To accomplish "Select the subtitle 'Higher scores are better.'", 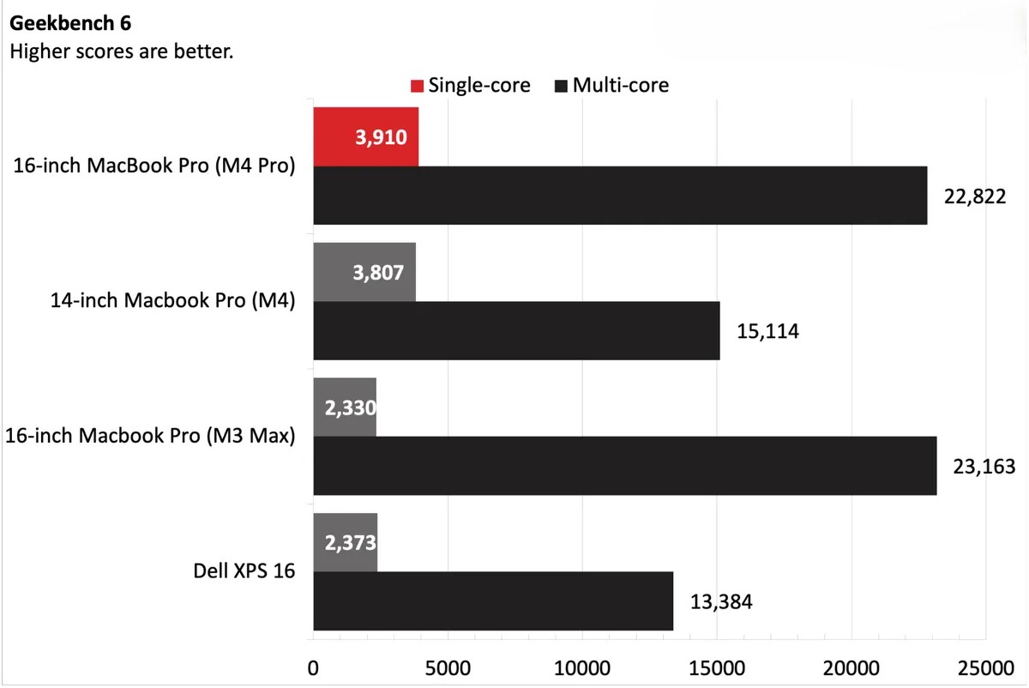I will click(121, 51).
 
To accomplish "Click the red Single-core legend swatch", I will click(417, 86).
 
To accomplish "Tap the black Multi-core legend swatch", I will click(562, 86).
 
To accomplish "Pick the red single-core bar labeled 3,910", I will click(366, 137).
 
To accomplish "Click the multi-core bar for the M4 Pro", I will click(620, 196).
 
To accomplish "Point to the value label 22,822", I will click(975, 196).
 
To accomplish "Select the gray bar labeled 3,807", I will click(364, 272).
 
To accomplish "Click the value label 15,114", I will click(767, 331).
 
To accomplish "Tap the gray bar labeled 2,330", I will click(345, 407).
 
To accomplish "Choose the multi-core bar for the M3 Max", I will click(624, 466).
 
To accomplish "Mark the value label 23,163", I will click(984, 467).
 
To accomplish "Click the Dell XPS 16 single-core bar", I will click(346, 542).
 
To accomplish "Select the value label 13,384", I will click(721, 601).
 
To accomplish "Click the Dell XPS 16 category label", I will click(244, 570).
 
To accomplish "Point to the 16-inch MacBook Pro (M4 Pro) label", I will click(154, 166).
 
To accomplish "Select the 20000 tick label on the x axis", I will click(851, 667).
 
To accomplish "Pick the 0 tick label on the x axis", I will click(313, 667).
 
